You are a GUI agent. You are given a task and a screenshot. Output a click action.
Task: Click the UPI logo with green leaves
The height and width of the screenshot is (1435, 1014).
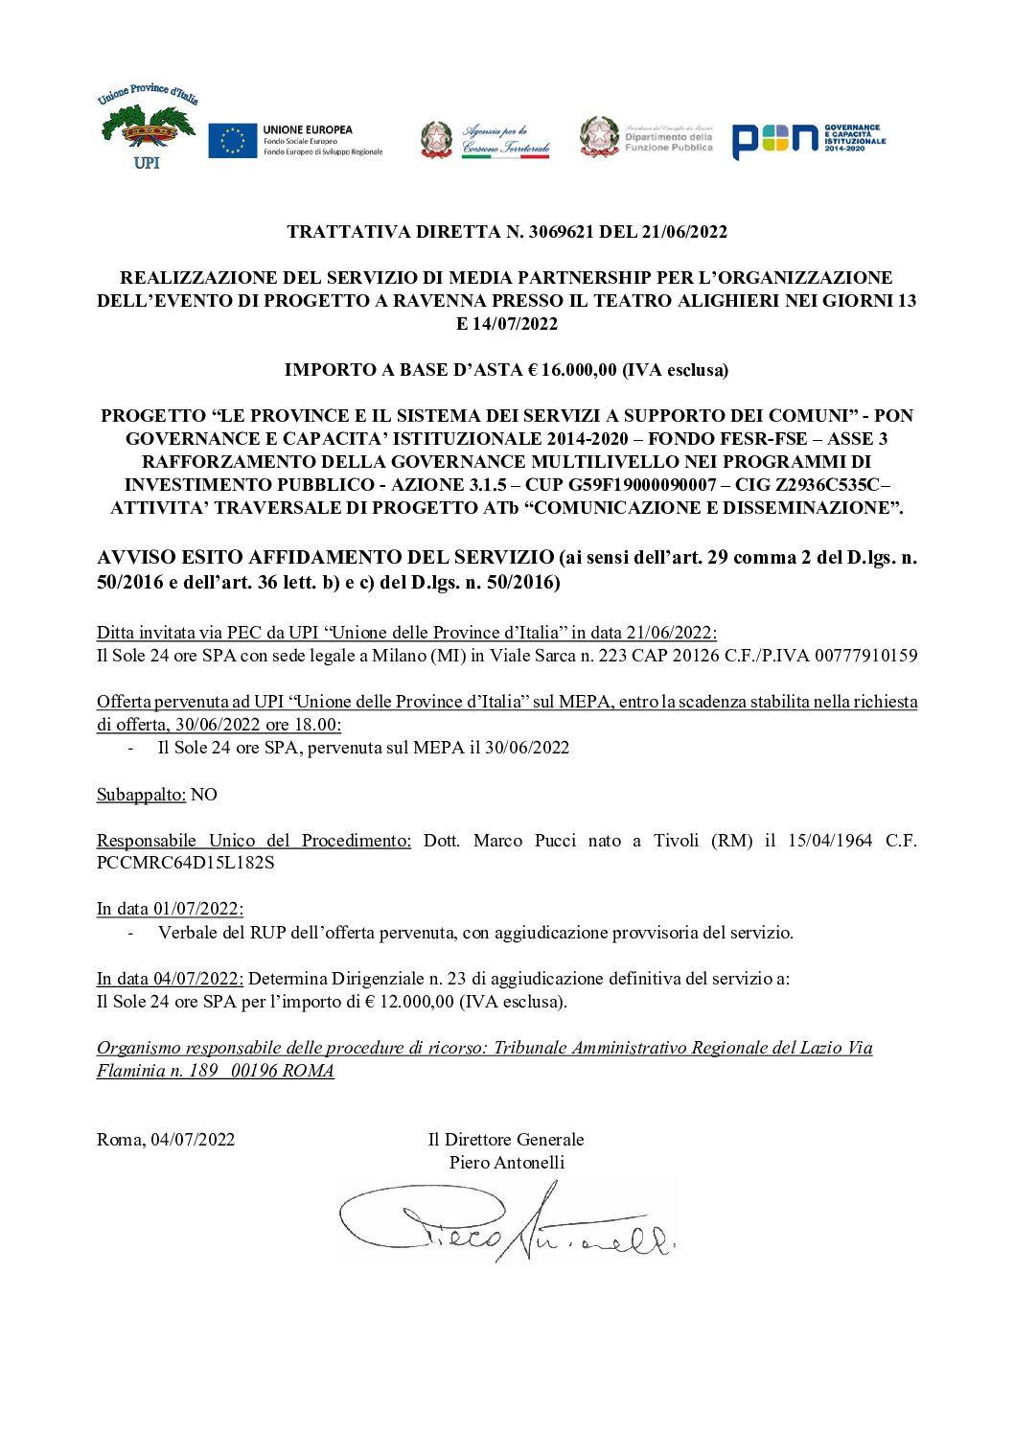click(147, 127)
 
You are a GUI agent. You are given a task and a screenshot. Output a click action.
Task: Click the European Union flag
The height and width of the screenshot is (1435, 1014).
click(232, 141)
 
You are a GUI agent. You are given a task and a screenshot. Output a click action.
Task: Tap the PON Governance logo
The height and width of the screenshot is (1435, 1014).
click(808, 140)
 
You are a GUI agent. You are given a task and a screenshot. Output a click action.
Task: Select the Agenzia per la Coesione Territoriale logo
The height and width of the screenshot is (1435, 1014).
click(485, 140)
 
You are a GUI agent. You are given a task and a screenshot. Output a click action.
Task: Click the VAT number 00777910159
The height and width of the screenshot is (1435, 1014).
click(865, 657)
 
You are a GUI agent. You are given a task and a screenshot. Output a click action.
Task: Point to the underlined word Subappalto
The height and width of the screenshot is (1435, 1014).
click(141, 795)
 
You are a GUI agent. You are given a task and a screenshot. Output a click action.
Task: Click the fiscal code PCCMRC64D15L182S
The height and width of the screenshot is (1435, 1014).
click(185, 863)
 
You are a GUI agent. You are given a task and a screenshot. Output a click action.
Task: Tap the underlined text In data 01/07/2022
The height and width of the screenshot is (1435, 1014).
click(170, 909)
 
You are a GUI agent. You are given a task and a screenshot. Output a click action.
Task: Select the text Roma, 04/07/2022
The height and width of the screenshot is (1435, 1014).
click(166, 1140)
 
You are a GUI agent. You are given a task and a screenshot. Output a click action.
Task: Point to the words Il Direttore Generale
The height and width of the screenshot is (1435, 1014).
click(506, 1140)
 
